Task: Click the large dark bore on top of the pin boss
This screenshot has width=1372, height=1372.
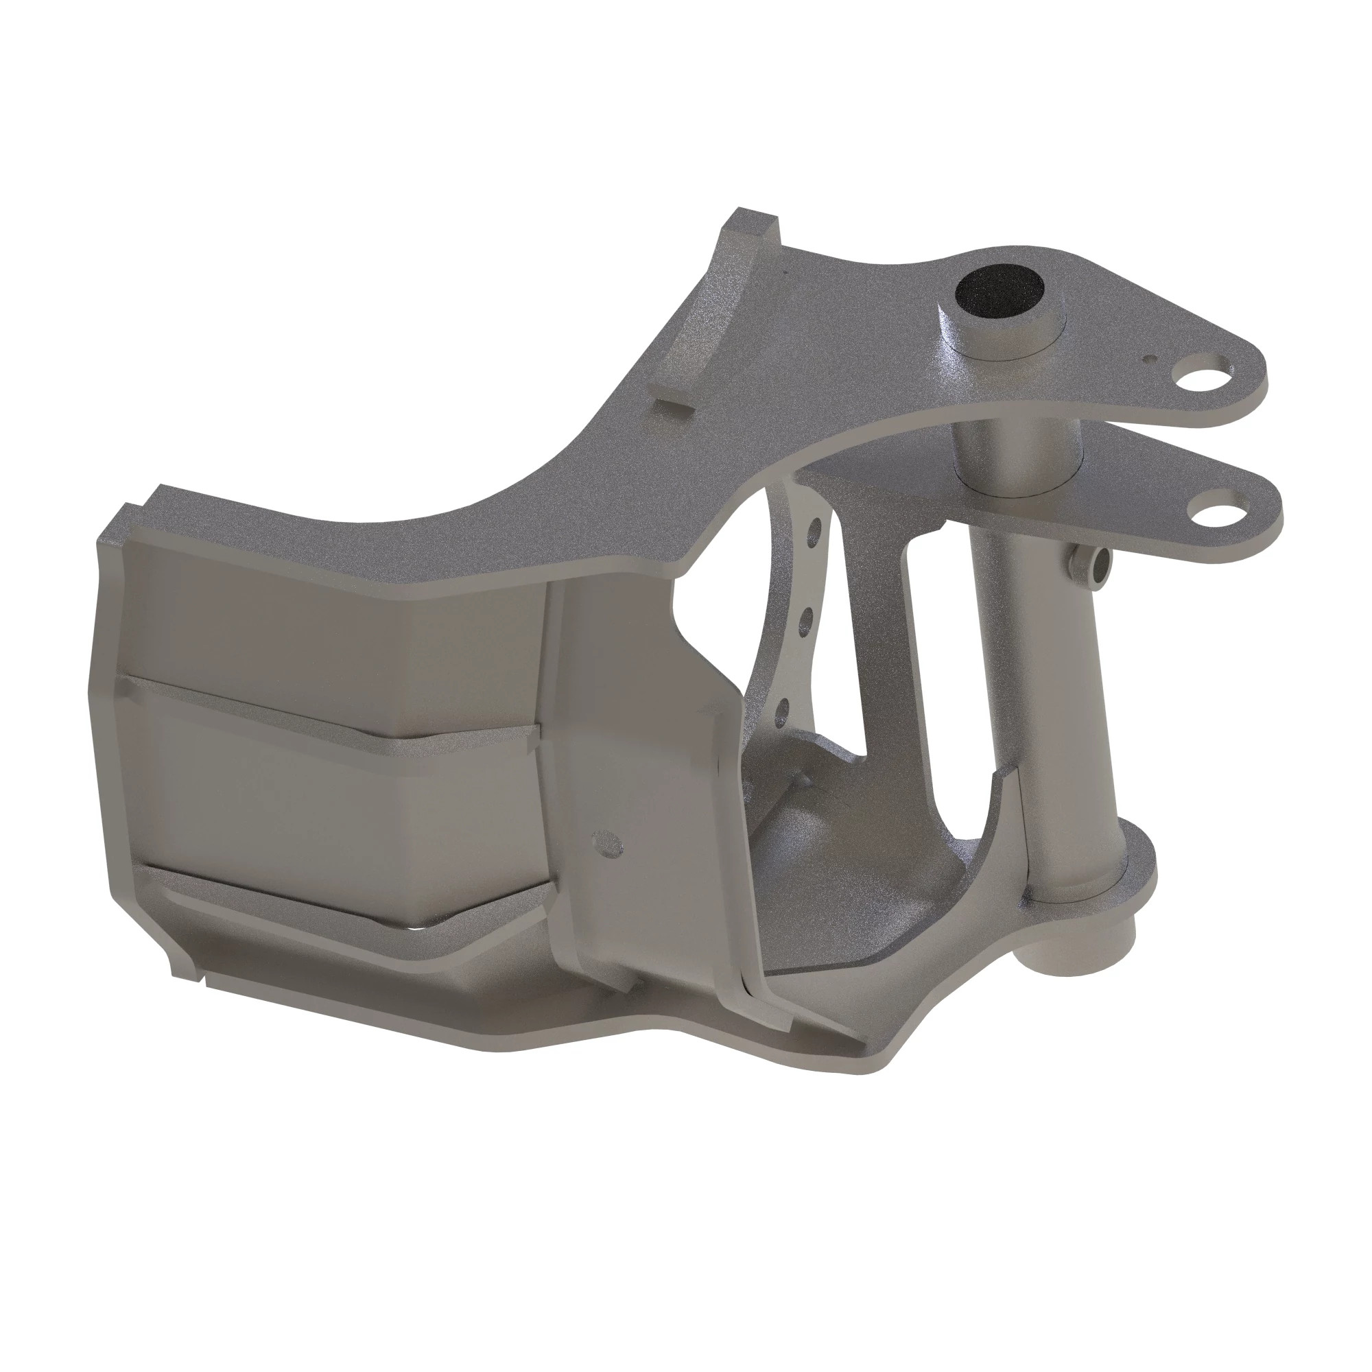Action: tap(1000, 292)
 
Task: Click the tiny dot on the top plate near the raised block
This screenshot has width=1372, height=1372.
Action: tap(786, 270)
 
